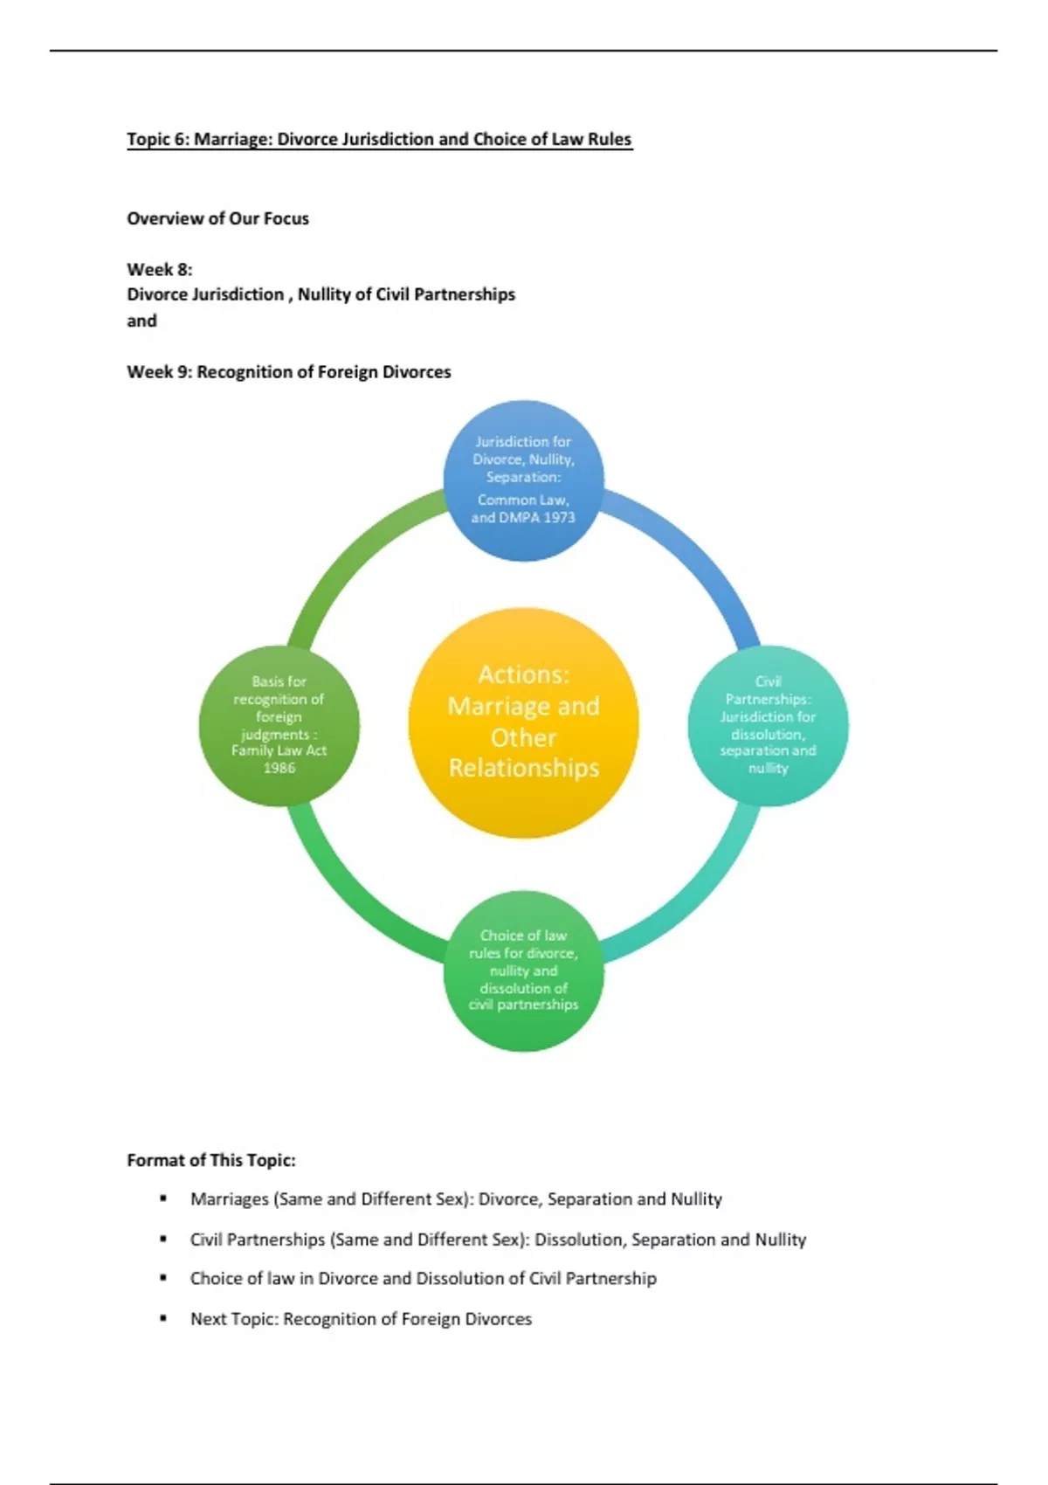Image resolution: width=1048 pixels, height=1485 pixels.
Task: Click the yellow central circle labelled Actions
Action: [523, 722]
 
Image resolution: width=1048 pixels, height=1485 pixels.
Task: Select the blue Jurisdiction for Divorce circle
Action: [523, 480]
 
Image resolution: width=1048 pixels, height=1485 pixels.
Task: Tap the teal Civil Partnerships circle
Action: [768, 725]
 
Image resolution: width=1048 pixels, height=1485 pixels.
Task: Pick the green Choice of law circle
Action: [523, 970]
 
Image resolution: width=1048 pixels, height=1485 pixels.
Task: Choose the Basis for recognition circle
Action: [279, 725]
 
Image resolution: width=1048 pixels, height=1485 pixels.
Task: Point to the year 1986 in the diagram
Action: [279, 768]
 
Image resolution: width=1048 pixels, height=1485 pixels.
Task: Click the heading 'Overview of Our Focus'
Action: [217, 218]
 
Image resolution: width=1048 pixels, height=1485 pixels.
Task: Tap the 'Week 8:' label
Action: [159, 269]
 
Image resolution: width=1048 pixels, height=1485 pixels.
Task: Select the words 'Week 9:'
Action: [160, 372]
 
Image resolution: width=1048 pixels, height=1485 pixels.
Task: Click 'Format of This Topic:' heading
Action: [211, 1160]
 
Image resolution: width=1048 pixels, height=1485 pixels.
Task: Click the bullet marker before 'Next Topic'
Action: [163, 1318]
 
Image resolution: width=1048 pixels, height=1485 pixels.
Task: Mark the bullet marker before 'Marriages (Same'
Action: [163, 1198]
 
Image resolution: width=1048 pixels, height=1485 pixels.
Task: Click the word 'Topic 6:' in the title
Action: [157, 139]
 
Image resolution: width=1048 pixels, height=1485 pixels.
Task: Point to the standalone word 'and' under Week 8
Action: [141, 321]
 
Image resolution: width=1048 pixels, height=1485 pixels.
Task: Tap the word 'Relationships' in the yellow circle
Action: [524, 768]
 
